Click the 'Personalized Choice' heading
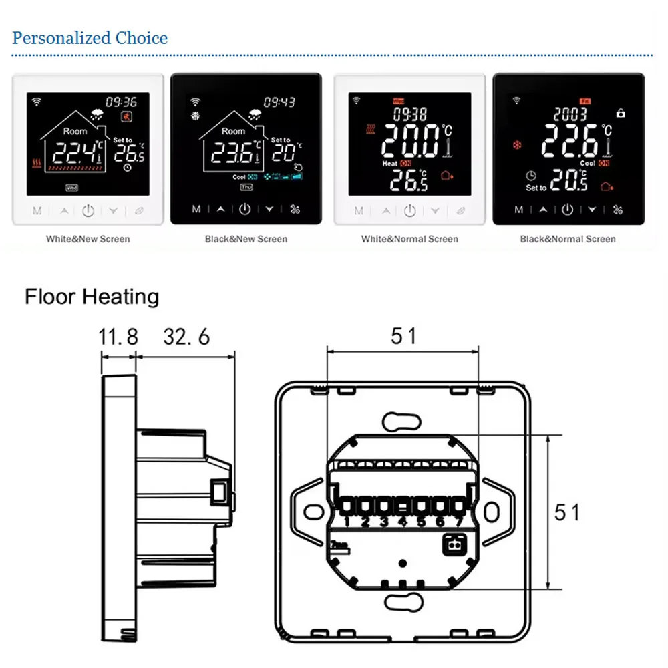click(90, 38)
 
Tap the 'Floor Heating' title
click(92, 296)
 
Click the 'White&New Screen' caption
click(88, 238)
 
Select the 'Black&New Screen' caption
click(246, 238)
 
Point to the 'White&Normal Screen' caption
click(409, 238)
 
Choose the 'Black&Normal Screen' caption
click(568, 238)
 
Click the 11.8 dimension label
click(118, 336)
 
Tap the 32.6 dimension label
click(186, 336)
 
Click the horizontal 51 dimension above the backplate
click(403, 335)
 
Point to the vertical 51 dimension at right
click(567, 512)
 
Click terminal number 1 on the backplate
click(347, 522)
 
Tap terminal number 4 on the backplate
click(403, 522)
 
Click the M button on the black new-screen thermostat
click(196, 209)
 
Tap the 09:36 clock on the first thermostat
click(122, 102)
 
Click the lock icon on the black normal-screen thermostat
click(621, 114)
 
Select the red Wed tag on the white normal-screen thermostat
click(398, 101)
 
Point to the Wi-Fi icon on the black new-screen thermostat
click(195, 102)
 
